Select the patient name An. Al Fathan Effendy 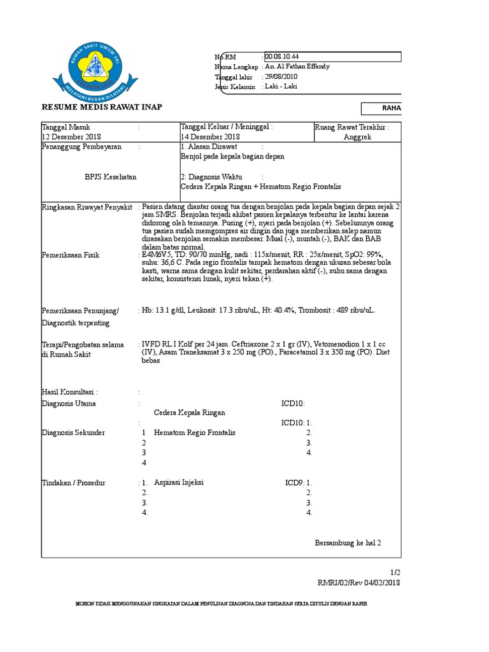pyautogui.click(x=297, y=67)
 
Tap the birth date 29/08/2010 pyautogui.click(x=281, y=76)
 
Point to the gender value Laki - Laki pyautogui.click(x=281, y=87)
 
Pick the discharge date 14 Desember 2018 pyautogui.click(x=210, y=137)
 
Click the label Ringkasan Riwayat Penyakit pyautogui.click(x=87, y=208)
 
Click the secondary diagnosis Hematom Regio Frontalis pyautogui.click(x=194, y=432)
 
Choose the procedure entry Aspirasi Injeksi pyautogui.click(x=179, y=483)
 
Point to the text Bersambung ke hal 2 pyautogui.click(x=348, y=543)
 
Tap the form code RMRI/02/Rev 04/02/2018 pyautogui.click(x=359, y=583)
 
